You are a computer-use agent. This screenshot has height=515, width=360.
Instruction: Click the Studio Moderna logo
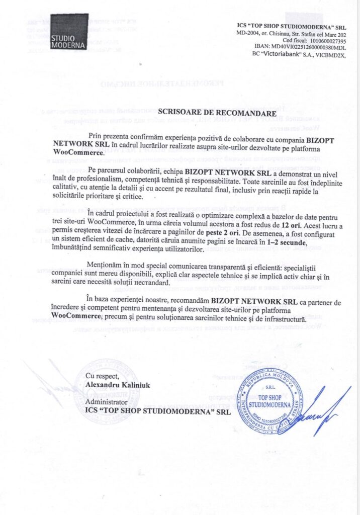[x=69, y=31]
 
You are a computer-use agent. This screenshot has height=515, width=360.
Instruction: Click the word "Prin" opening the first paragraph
[x=95, y=136]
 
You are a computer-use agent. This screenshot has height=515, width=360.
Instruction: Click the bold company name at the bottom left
[x=158, y=410]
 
